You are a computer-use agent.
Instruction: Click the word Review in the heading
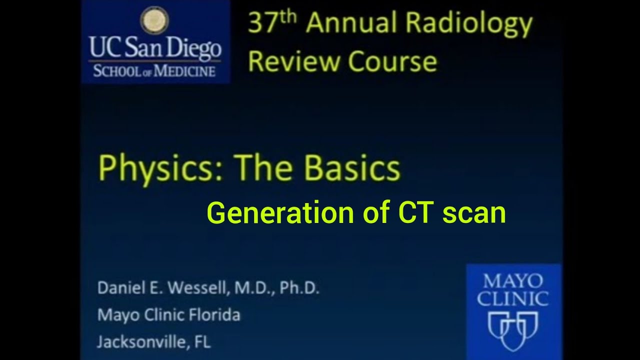(x=294, y=61)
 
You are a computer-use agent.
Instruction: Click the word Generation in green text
(x=281, y=213)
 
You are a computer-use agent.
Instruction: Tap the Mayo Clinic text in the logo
(x=512, y=290)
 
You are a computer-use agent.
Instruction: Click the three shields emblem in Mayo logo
(x=512, y=330)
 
